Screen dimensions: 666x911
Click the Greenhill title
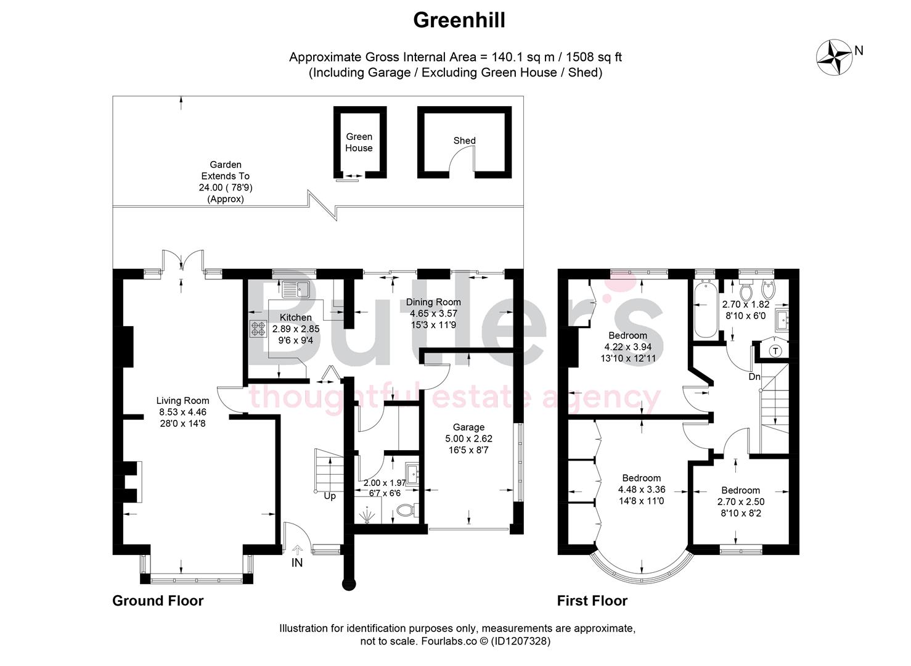point(459,20)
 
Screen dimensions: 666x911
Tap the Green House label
point(359,142)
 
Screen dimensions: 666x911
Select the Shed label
point(464,141)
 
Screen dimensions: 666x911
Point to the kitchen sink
point(296,289)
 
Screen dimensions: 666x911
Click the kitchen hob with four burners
point(258,329)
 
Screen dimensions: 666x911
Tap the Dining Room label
point(433,302)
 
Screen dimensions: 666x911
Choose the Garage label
point(468,427)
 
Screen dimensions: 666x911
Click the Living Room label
point(182,401)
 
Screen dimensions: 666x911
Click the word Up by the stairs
point(330,496)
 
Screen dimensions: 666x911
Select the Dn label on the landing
point(754,376)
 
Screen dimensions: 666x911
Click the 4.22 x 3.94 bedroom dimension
point(627,347)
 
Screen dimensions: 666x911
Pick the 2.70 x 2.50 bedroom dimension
point(740,502)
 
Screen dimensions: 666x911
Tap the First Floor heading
point(592,601)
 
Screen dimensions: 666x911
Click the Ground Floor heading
point(158,601)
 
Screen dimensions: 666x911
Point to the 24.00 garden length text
point(226,187)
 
